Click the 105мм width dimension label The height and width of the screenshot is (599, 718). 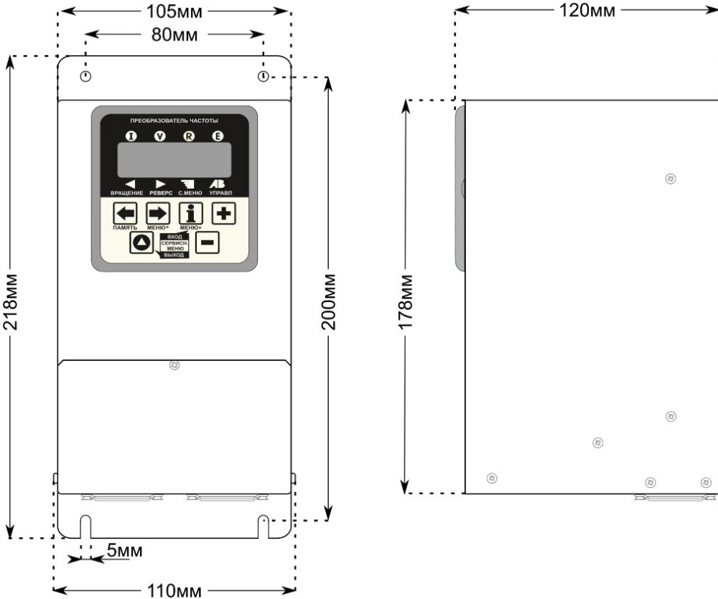174,12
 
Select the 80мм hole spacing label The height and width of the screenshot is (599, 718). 174,35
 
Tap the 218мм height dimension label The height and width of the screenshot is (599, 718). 10,302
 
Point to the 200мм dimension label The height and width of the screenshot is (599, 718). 328,302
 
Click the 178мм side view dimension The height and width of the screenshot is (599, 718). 406,302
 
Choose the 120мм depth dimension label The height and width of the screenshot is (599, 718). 587,10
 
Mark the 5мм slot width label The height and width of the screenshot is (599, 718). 124,550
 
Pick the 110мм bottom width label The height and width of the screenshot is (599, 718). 174,591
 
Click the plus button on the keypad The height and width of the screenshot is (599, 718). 224,213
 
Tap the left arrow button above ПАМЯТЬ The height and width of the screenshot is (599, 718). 125,214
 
